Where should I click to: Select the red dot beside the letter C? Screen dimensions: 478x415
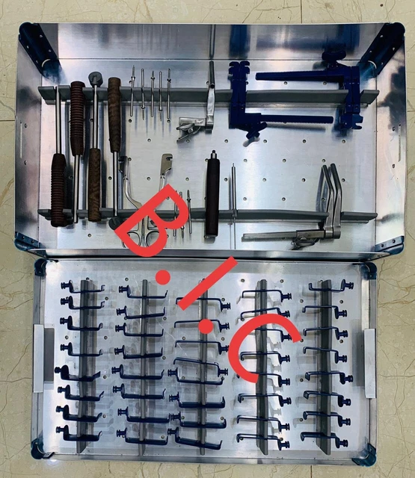pyautogui.click(x=204, y=326)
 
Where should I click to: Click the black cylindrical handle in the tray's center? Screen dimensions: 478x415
pyautogui.click(x=212, y=194)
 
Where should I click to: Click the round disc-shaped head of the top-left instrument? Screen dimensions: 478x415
pyautogui.click(x=96, y=77)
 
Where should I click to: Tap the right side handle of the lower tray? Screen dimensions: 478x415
pyautogui.click(x=369, y=362)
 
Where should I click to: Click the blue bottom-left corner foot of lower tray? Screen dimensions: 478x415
pyautogui.click(x=37, y=450)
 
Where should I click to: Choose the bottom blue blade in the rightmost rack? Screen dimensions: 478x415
pyautogui.click(x=324, y=438)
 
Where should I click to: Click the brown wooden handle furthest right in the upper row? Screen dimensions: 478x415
pyautogui.click(x=114, y=112)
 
